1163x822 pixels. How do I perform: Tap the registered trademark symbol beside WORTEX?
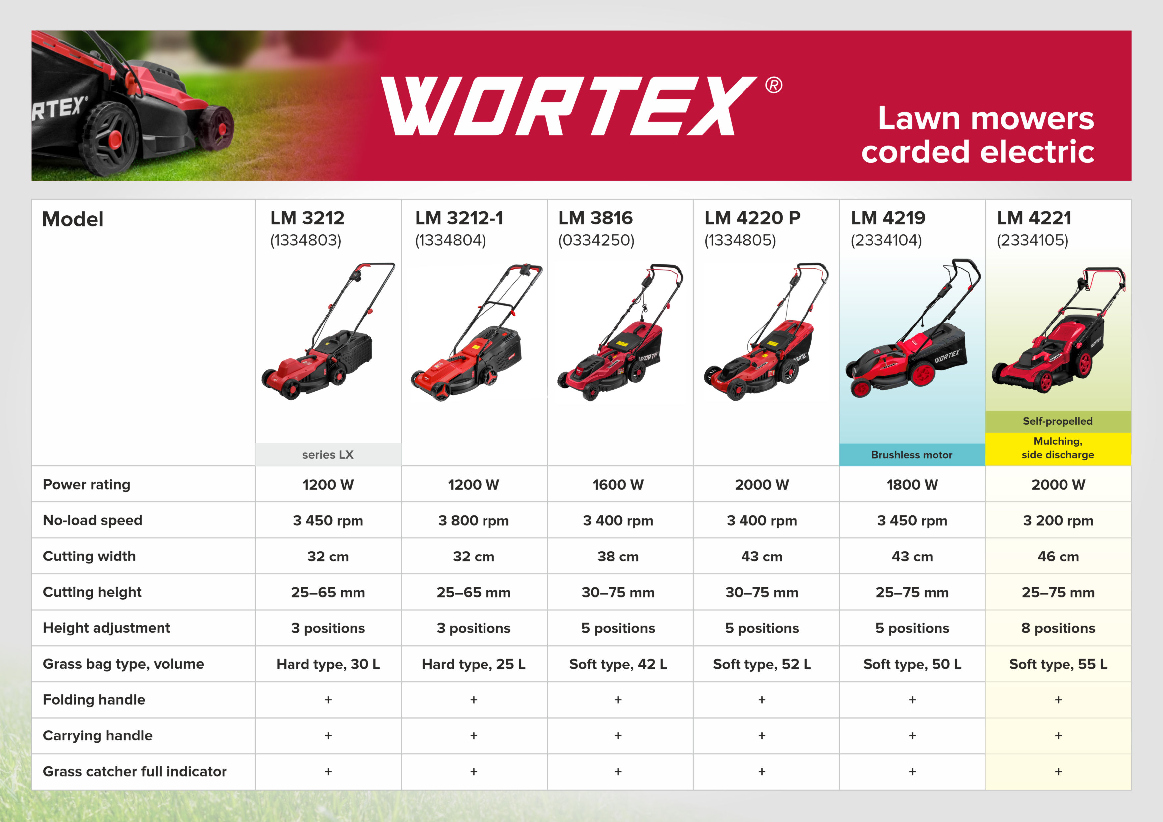click(773, 85)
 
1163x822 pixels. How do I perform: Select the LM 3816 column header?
click(596, 218)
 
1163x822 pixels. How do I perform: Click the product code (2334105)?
click(1032, 240)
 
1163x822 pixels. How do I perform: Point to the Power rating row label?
click(87, 484)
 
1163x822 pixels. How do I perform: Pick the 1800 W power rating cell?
click(912, 484)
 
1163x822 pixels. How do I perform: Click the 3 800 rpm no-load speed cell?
click(474, 520)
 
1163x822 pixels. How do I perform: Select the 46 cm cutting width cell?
click(1058, 556)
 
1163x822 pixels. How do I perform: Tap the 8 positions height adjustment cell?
click(1058, 628)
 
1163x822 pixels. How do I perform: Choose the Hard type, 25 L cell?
click(474, 664)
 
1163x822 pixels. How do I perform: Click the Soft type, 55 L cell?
click(1058, 664)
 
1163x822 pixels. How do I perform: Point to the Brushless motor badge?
click(912, 454)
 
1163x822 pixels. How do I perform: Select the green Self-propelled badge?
click(1058, 421)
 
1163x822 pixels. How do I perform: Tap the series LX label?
click(328, 454)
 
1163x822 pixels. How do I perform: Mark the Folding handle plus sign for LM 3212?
click(328, 699)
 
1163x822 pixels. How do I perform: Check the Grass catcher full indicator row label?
click(135, 771)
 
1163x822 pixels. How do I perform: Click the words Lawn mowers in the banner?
click(986, 118)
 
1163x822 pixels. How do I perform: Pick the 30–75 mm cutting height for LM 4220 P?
click(762, 592)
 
